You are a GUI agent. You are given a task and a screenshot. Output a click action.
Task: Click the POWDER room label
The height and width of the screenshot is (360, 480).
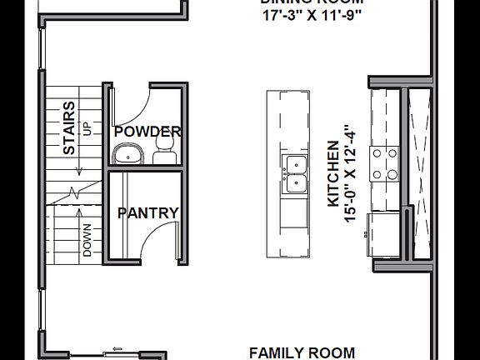(x=147, y=132)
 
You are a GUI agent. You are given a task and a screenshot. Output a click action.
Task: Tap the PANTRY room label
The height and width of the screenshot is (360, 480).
(x=147, y=213)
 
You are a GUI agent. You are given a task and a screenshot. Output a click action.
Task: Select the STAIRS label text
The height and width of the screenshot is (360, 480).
(x=69, y=128)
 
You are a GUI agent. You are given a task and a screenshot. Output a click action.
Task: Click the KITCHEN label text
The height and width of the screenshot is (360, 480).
(x=333, y=175)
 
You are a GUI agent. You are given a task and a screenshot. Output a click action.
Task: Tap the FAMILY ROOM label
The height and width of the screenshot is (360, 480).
(x=302, y=352)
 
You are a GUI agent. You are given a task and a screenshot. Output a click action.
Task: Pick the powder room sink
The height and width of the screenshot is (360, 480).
(x=127, y=153)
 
